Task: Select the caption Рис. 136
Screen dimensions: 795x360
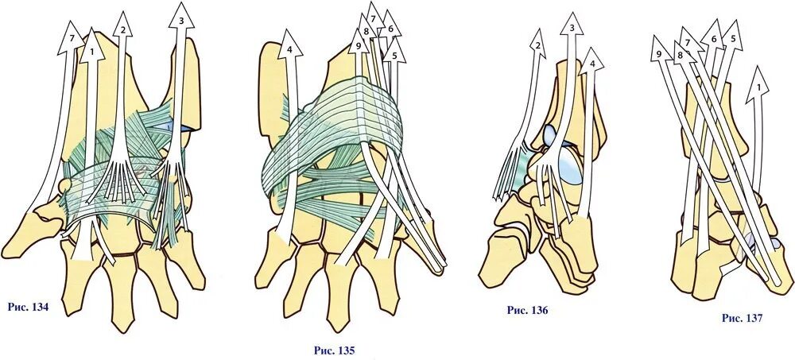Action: pos(527,310)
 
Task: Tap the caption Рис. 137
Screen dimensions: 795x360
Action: pos(742,318)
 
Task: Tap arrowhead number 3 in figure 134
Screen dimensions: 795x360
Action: pos(182,19)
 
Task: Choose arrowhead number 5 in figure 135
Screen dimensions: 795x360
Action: pos(394,54)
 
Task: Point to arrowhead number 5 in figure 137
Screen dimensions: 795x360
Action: pos(732,37)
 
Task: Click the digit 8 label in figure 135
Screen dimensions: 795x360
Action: pos(365,33)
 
